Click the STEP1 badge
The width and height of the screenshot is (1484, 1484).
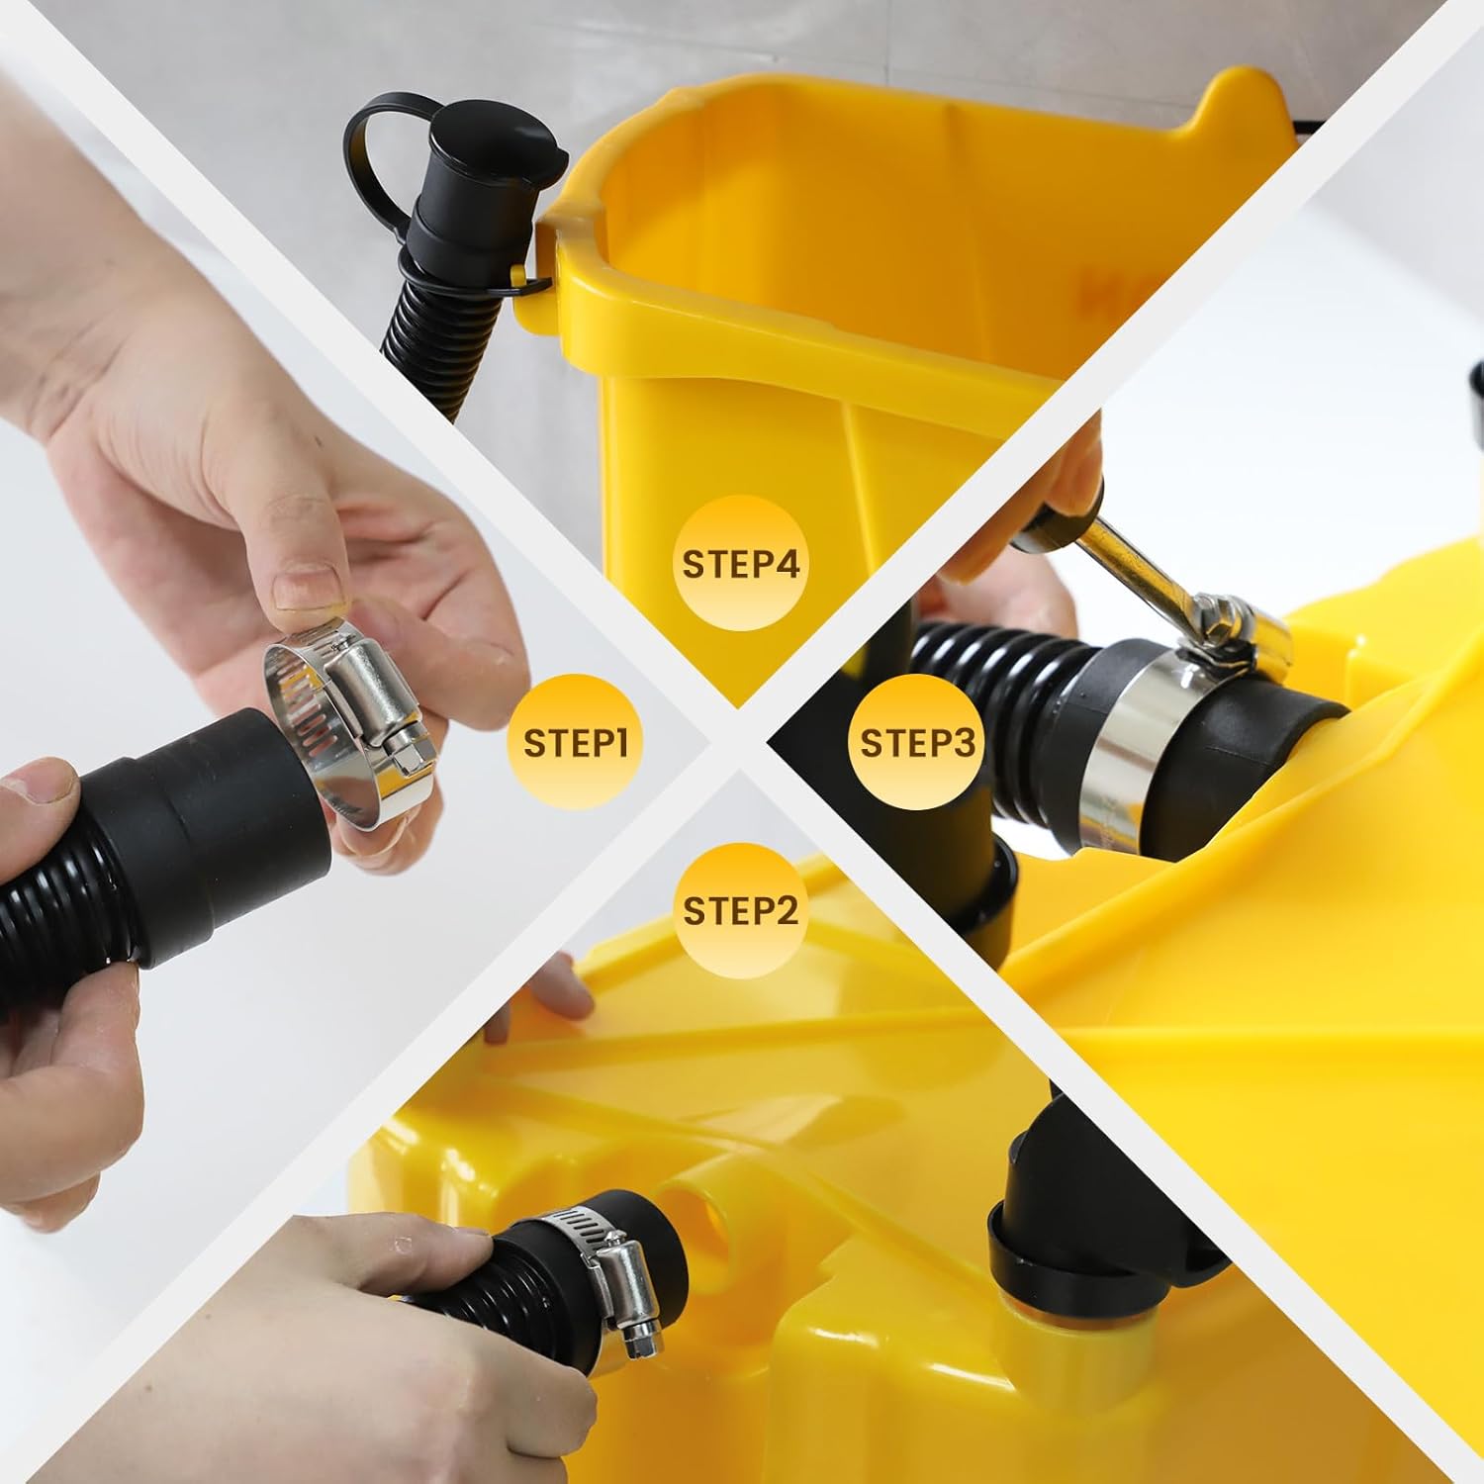pos(576,743)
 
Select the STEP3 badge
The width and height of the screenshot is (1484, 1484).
pos(918,743)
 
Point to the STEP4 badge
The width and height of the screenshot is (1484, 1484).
pos(740,564)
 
